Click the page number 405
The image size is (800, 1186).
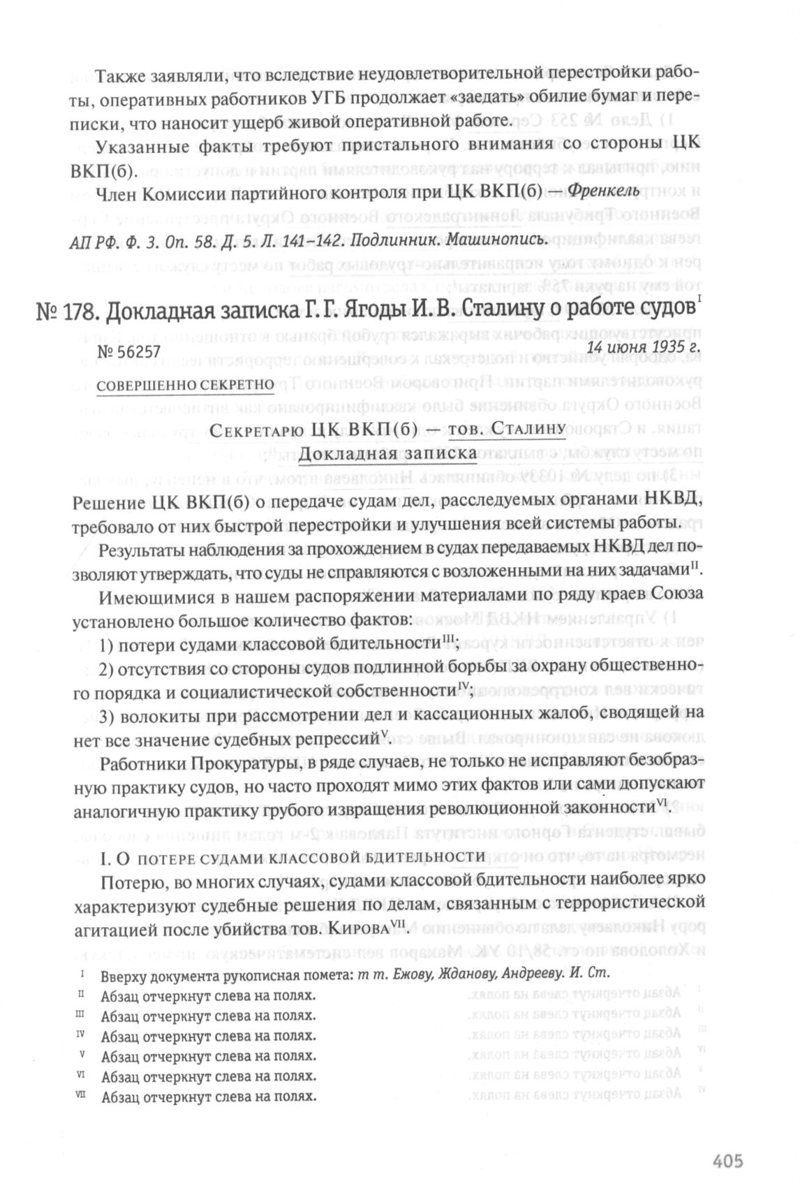click(727, 1141)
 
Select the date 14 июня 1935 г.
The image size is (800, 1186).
click(643, 345)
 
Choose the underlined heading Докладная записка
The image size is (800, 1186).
click(387, 454)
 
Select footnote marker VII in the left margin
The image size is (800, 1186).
click(82, 1095)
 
